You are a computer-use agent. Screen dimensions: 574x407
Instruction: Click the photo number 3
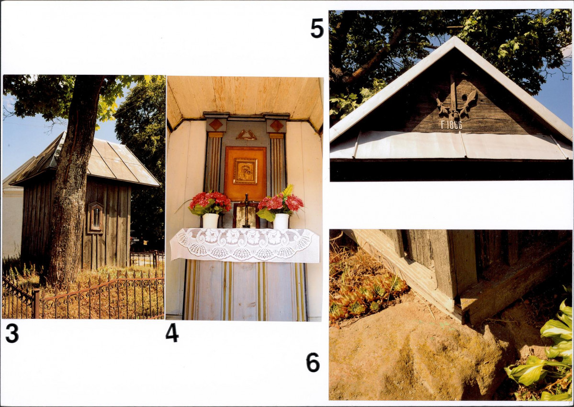[12, 333]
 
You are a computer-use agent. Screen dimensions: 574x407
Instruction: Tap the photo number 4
[172, 333]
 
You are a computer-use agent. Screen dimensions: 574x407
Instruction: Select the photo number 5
[317, 28]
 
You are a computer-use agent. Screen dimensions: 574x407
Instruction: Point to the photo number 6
[313, 362]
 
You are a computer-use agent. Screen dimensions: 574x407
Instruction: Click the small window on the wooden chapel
[96, 218]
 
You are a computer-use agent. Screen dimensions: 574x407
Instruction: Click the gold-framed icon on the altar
[246, 171]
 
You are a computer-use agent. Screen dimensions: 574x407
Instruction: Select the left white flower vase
[211, 221]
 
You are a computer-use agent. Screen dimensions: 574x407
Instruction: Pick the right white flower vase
[281, 221]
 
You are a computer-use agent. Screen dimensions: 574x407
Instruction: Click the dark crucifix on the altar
[247, 210]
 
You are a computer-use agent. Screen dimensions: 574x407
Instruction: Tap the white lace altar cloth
[244, 244]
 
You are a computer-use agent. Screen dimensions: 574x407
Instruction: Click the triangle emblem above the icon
[246, 135]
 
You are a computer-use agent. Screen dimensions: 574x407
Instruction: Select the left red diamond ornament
[215, 125]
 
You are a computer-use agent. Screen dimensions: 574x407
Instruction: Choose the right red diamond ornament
[276, 126]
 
